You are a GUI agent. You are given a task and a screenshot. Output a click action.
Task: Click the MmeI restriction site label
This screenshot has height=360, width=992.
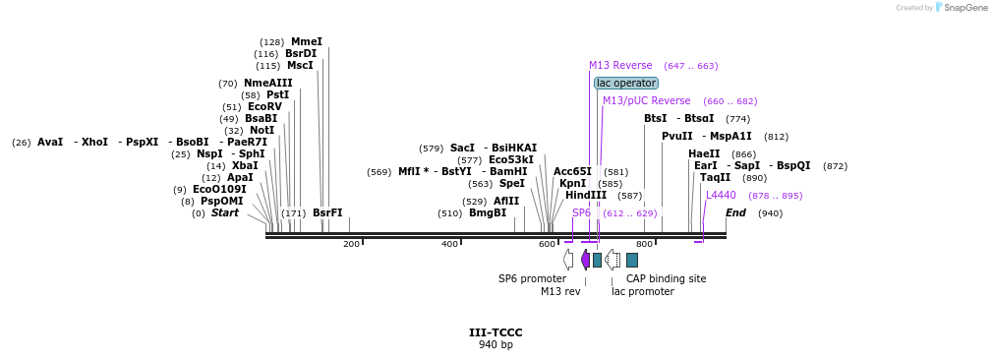coord(306,42)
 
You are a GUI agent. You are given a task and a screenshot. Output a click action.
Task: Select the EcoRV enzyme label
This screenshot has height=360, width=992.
coord(264,107)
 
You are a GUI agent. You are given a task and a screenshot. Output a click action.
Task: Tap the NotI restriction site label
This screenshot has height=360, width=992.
coord(262,131)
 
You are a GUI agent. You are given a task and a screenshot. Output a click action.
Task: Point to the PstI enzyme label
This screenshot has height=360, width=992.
coord(277,95)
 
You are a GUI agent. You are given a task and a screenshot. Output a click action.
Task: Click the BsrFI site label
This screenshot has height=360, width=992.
coord(327,213)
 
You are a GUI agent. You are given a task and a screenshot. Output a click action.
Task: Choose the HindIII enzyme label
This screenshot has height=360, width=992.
coord(585,196)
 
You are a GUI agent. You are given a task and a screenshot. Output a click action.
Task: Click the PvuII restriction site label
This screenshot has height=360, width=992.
coord(676,137)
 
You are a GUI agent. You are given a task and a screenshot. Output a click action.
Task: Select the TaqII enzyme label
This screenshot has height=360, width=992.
coord(715,178)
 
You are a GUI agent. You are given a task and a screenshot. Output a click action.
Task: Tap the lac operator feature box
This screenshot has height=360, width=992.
coord(625,84)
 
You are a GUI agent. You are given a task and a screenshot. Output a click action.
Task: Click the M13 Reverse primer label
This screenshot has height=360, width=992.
coord(620,66)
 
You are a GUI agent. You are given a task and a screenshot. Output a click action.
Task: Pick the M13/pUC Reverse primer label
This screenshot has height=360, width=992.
coord(646,101)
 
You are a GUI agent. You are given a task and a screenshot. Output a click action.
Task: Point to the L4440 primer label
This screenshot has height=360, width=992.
coord(721,196)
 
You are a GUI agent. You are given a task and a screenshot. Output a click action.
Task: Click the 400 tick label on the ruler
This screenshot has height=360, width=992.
coord(449,244)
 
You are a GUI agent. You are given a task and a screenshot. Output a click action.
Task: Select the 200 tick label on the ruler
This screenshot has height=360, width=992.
coord(351,244)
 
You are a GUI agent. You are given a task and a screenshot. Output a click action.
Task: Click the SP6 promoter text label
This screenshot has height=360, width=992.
coord(532,278)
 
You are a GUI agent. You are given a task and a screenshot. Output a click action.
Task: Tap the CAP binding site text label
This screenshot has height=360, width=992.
coord(666,278)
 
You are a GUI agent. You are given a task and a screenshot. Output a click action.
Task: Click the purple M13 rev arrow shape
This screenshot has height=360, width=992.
coord(585,260)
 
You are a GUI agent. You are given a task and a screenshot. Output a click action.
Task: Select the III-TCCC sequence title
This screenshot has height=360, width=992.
coord(496,332)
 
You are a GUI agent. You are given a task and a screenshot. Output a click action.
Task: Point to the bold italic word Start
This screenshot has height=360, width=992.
coord(224,213)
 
